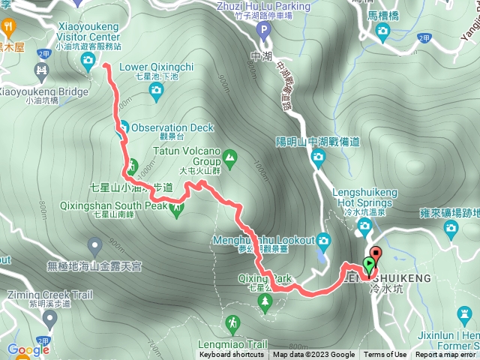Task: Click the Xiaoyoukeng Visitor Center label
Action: [88, 31]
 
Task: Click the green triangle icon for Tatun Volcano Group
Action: [229, 157]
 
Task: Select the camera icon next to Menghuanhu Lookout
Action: [323, 241]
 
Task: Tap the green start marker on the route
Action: [368, 265]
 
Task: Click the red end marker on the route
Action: [376, 253]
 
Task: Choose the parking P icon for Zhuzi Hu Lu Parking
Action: [262, 31]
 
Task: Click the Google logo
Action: [28, 349]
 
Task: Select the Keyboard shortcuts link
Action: [231, 355]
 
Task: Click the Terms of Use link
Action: [385, 355]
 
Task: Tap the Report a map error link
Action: [446, 355]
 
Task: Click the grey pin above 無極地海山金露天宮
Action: [94, 244]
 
